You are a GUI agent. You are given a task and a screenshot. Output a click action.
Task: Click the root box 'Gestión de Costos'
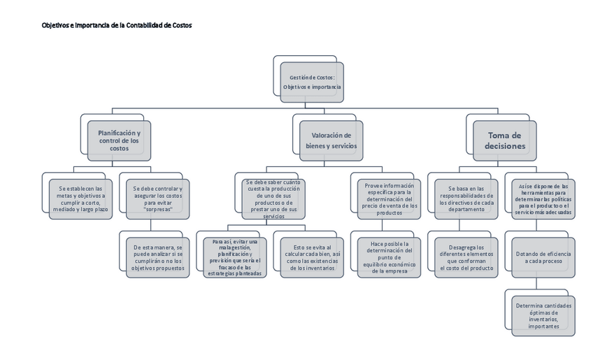point(312,82)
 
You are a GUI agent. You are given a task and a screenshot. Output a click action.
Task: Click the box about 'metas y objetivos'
point(80,199)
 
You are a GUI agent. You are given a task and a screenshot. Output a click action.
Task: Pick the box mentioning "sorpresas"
point(157,199)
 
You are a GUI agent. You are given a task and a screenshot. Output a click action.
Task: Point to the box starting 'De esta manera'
point(157,257)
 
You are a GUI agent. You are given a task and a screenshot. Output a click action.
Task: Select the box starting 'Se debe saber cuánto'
point(273,199)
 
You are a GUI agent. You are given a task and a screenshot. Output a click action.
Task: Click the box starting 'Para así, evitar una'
point(234,257)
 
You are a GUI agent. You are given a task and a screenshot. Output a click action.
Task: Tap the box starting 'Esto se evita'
point(312,257)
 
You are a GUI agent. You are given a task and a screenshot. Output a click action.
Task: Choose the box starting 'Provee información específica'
point(390,199)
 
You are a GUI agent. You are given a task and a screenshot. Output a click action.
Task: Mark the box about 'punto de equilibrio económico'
point(390,257)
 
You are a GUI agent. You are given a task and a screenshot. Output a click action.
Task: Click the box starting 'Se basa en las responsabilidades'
point(466,199)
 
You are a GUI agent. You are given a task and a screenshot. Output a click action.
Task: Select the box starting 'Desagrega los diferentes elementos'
point(466,257)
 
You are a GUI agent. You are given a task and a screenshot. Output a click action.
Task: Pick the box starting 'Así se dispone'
point(543,199)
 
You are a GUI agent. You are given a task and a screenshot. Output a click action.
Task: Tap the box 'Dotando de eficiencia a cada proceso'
point(543,257)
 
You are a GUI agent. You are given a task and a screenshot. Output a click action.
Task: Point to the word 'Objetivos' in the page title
point(55,25)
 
